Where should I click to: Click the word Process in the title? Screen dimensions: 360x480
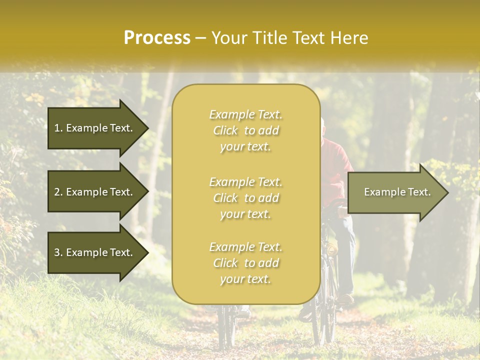(157, 38)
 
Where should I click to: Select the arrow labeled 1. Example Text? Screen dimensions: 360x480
(94, 128)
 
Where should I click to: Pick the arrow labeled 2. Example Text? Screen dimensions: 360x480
(94, 192)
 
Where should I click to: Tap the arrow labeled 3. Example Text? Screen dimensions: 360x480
(94, 252)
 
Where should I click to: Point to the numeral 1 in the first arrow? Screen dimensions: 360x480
(57, 128)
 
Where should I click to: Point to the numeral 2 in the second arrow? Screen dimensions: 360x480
(57, 192)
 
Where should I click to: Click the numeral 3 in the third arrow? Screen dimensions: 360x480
(57, 252)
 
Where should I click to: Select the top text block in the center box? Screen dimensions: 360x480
(245, 130)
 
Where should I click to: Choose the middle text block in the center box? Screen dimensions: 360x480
(245, 198)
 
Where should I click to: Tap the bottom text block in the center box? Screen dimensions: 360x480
(245, 263)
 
